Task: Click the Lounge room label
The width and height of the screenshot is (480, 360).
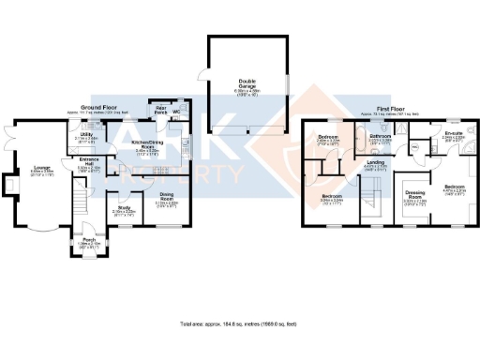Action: (x=41, y=168)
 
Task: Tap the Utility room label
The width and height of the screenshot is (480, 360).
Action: (x=85, y=134)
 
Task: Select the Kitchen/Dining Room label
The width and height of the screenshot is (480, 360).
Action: (x=146, y=144)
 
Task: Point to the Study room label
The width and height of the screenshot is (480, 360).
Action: (x=125, y=208)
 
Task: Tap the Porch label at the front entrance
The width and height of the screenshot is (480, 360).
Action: (x=90, y=239)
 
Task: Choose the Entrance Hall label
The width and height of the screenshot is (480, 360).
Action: (x=89, y=164)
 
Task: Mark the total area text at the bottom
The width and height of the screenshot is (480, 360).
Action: (x=239, y=323)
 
